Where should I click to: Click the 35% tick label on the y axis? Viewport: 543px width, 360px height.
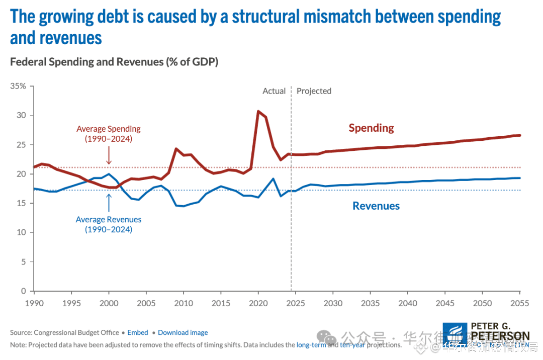point(19,86)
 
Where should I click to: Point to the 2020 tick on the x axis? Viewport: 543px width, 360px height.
point(258,303)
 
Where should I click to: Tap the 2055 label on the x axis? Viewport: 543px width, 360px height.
point(520,303)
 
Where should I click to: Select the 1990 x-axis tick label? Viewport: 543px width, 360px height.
point(33,303)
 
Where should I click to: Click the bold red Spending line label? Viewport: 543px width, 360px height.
point(371,128)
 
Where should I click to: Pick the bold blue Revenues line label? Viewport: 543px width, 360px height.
point(376,206)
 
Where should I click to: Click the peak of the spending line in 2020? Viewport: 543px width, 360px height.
point(258,111)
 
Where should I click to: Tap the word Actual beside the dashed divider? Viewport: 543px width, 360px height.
point(274,91)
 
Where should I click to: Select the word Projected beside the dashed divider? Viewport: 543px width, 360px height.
point(314,91)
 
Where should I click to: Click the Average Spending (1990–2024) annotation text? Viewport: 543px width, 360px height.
point(108,134)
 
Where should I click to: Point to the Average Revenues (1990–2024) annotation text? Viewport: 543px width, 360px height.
point(108,224)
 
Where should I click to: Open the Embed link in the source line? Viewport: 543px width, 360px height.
point(138,332)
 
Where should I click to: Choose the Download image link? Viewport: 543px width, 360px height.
point(183,332)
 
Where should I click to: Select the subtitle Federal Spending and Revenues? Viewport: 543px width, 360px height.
point(114,62)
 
